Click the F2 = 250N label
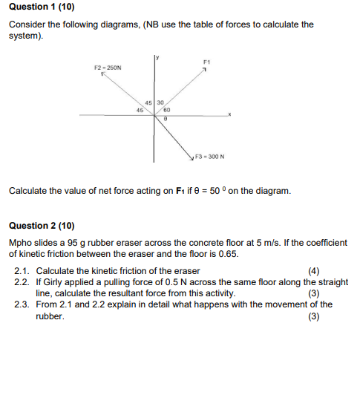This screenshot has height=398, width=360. (x=108, y=67)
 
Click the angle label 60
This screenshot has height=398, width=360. (x=167, y=110)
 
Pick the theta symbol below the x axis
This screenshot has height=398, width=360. (x=166, y=120)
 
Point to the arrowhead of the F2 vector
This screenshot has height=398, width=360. (x=105, y=74)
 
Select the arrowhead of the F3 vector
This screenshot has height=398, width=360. (x=192, y=156)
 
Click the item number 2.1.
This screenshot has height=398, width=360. (x=22, y=271)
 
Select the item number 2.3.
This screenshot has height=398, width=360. (x=22, y=304)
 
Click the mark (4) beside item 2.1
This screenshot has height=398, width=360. (x=314, y=271)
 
